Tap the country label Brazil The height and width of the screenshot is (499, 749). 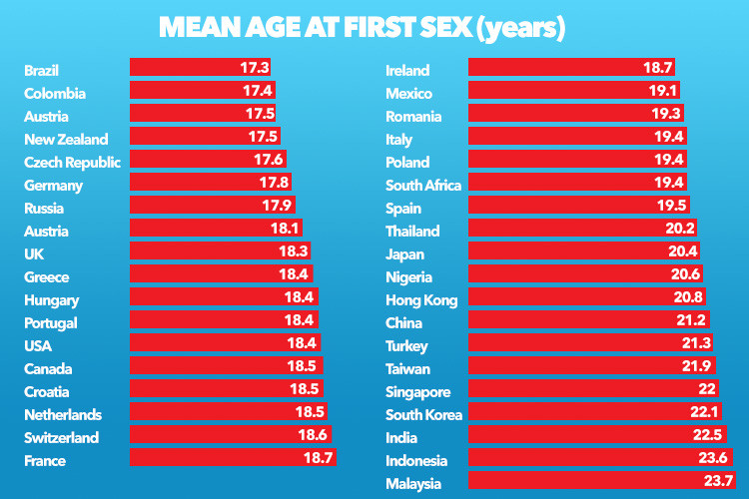click(x=42, y=71)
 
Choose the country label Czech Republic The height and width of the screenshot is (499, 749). click(x=73, y=163)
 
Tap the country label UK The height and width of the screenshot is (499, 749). click(x=33, y=254)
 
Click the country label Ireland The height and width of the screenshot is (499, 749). click(x=407, y=71)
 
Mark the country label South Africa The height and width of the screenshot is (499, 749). click(x=423, y=186)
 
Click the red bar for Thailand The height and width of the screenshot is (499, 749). click(x=569, y=229)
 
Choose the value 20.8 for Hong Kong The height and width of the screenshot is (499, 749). click(x=690, y=297)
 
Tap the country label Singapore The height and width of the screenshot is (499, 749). click(x=418, y=392)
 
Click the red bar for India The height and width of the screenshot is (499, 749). click(x=579, y=435)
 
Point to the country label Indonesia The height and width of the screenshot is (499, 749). click(x=416, y=461)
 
